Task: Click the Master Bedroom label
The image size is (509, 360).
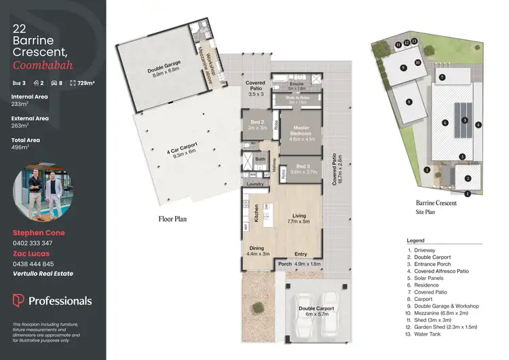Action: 299,131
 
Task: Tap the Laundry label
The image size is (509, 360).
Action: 255,184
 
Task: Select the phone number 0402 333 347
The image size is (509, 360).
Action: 33,242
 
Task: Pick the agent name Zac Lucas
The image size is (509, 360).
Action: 31,253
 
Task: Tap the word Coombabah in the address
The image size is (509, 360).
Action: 42,66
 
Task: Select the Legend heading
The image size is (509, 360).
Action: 415,240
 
